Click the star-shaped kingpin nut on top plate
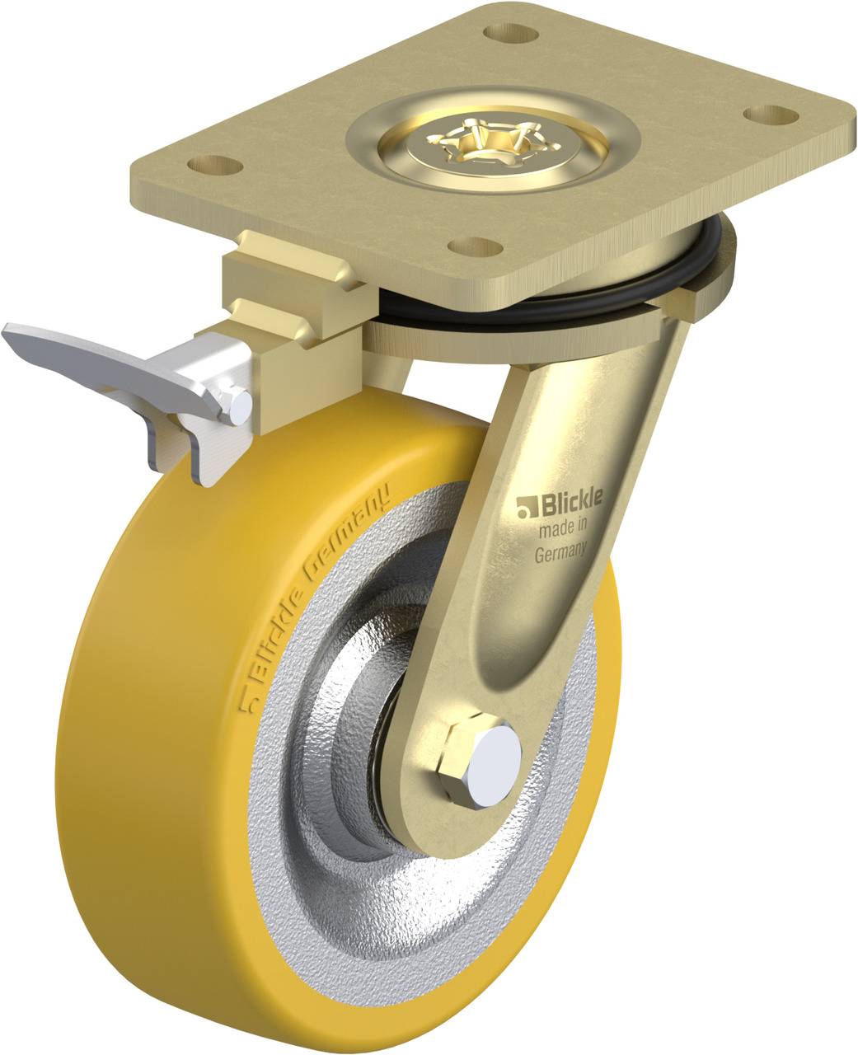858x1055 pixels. (476, 143)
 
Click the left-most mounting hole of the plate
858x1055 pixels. (215, 162)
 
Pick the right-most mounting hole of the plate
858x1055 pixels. (766, 112)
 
